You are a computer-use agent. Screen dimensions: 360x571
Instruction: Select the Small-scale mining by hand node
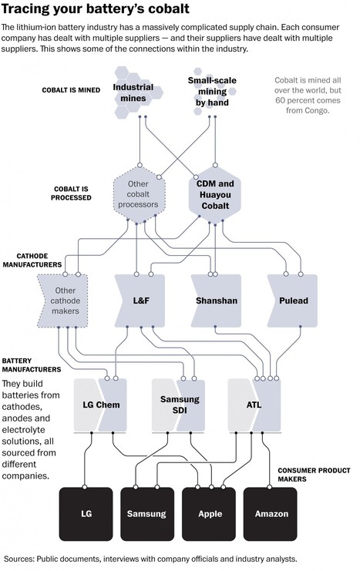pyautogui.click(x=212, y=92)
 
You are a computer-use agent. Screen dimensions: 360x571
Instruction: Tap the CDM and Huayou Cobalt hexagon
pyautogui.click(x=215, y=194)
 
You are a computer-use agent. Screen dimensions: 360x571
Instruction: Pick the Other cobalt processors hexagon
pyautogui.click(x=139, y=194)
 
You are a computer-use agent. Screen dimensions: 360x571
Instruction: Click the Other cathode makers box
pyautogui.click(x=63, y=301)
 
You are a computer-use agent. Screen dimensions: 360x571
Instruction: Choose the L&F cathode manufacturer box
pyautogui.click(x=140, y=301)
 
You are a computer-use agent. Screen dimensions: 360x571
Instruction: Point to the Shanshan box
pyautogui.click(x=216, y=301)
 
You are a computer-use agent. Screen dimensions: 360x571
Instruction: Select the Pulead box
pyautogui.click(x=293, y=301)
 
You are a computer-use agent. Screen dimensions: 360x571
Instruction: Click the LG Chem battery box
pyautogui.click(x=100, y=405)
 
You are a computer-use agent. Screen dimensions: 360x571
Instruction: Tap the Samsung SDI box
pyautogui.click(x=179, y=405)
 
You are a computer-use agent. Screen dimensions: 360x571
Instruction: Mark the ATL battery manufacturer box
pyautogui.click(x=254, y=405)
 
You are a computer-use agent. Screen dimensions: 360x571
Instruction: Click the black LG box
pyautogui.click(x=86, y=514)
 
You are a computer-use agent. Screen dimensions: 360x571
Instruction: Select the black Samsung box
pyautogui.click(x=147, y=514)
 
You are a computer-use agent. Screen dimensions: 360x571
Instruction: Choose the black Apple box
pyautogui.click(x=209, y=514)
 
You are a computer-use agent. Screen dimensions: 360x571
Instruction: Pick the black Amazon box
pyautogui.click(x=271, y=514)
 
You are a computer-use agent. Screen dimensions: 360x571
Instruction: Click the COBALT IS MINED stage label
pyautogui.click(x=71, y=90)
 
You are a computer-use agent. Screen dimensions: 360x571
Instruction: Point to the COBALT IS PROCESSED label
pyautogui.click(x=71, y=193)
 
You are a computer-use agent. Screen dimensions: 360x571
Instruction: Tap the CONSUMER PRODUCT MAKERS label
pyautogui.click(x=314, y=475)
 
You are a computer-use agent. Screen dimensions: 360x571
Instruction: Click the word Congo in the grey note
pyautogui.click(x=317, y=110)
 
